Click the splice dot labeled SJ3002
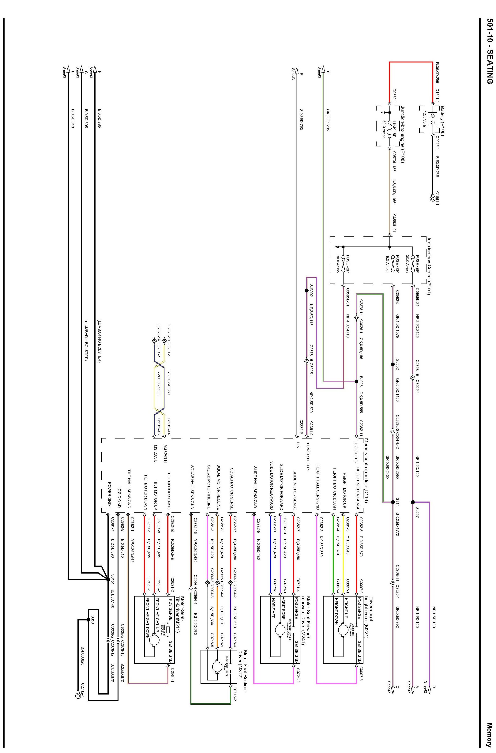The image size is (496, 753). tap(306, 290)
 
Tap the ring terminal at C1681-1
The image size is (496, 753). tap(432, 199)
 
